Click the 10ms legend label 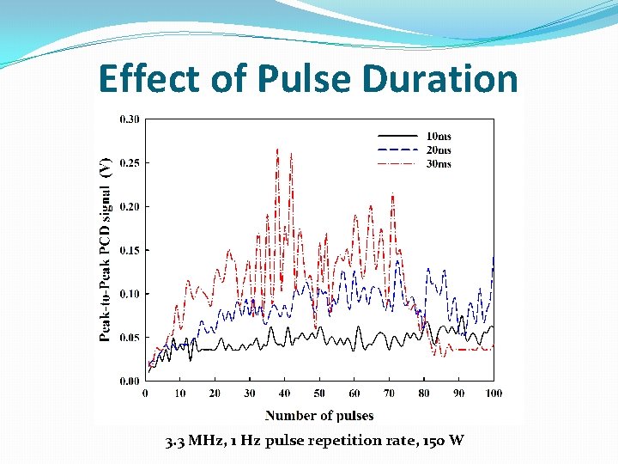(439, 136)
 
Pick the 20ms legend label (439, 150)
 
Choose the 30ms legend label (439, 164)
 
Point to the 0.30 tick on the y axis (130, 119)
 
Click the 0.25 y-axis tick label (130, 163)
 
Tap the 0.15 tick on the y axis (130, 250)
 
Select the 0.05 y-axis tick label (130, 338)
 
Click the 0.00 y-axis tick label (130, 381)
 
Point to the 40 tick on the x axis (285, 394)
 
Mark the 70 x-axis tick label (389, 394)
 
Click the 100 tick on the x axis (494, 394)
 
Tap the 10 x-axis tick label (180, 394)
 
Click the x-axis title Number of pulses (319, 416)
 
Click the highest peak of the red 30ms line (277, 150)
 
